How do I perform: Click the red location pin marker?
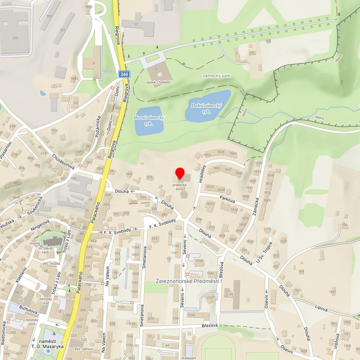click(x=180, y=174)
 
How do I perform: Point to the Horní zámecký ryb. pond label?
click(x=149, y=120)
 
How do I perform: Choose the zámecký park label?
click(x=217, y=76)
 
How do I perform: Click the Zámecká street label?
click(x=257, y=206)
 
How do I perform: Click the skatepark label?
click(x=189, y=358)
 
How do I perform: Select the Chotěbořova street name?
click(x=63, y=161)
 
